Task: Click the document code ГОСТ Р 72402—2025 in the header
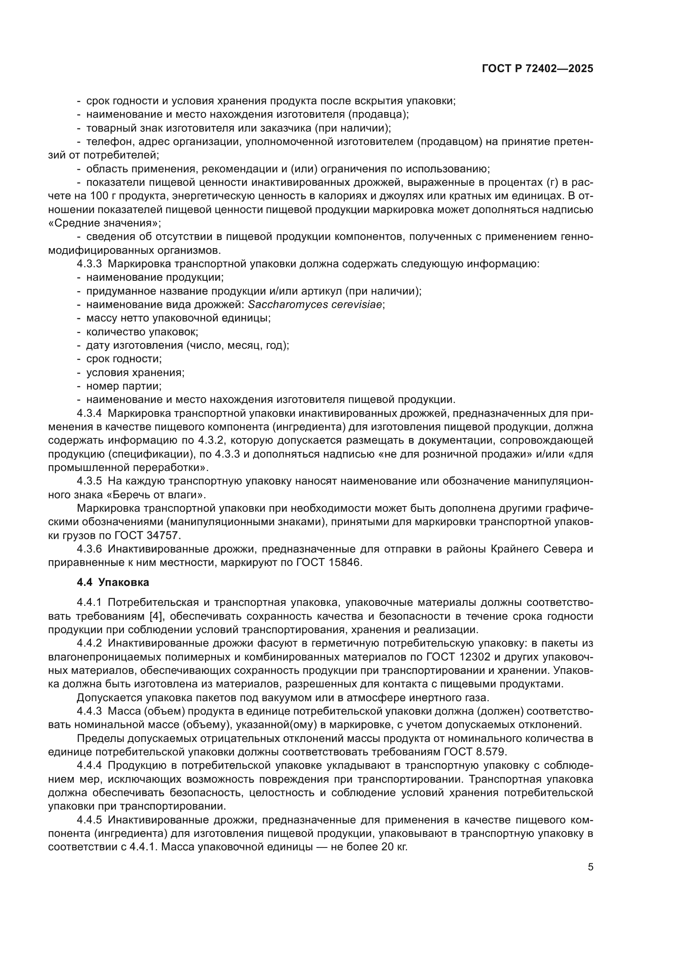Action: point(537,69)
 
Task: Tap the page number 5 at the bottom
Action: point(590,867)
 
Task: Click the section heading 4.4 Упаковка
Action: point(113,582)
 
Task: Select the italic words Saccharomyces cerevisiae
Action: point(315,305)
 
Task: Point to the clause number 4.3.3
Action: point(89,264)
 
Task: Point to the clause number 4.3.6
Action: point(89,549)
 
